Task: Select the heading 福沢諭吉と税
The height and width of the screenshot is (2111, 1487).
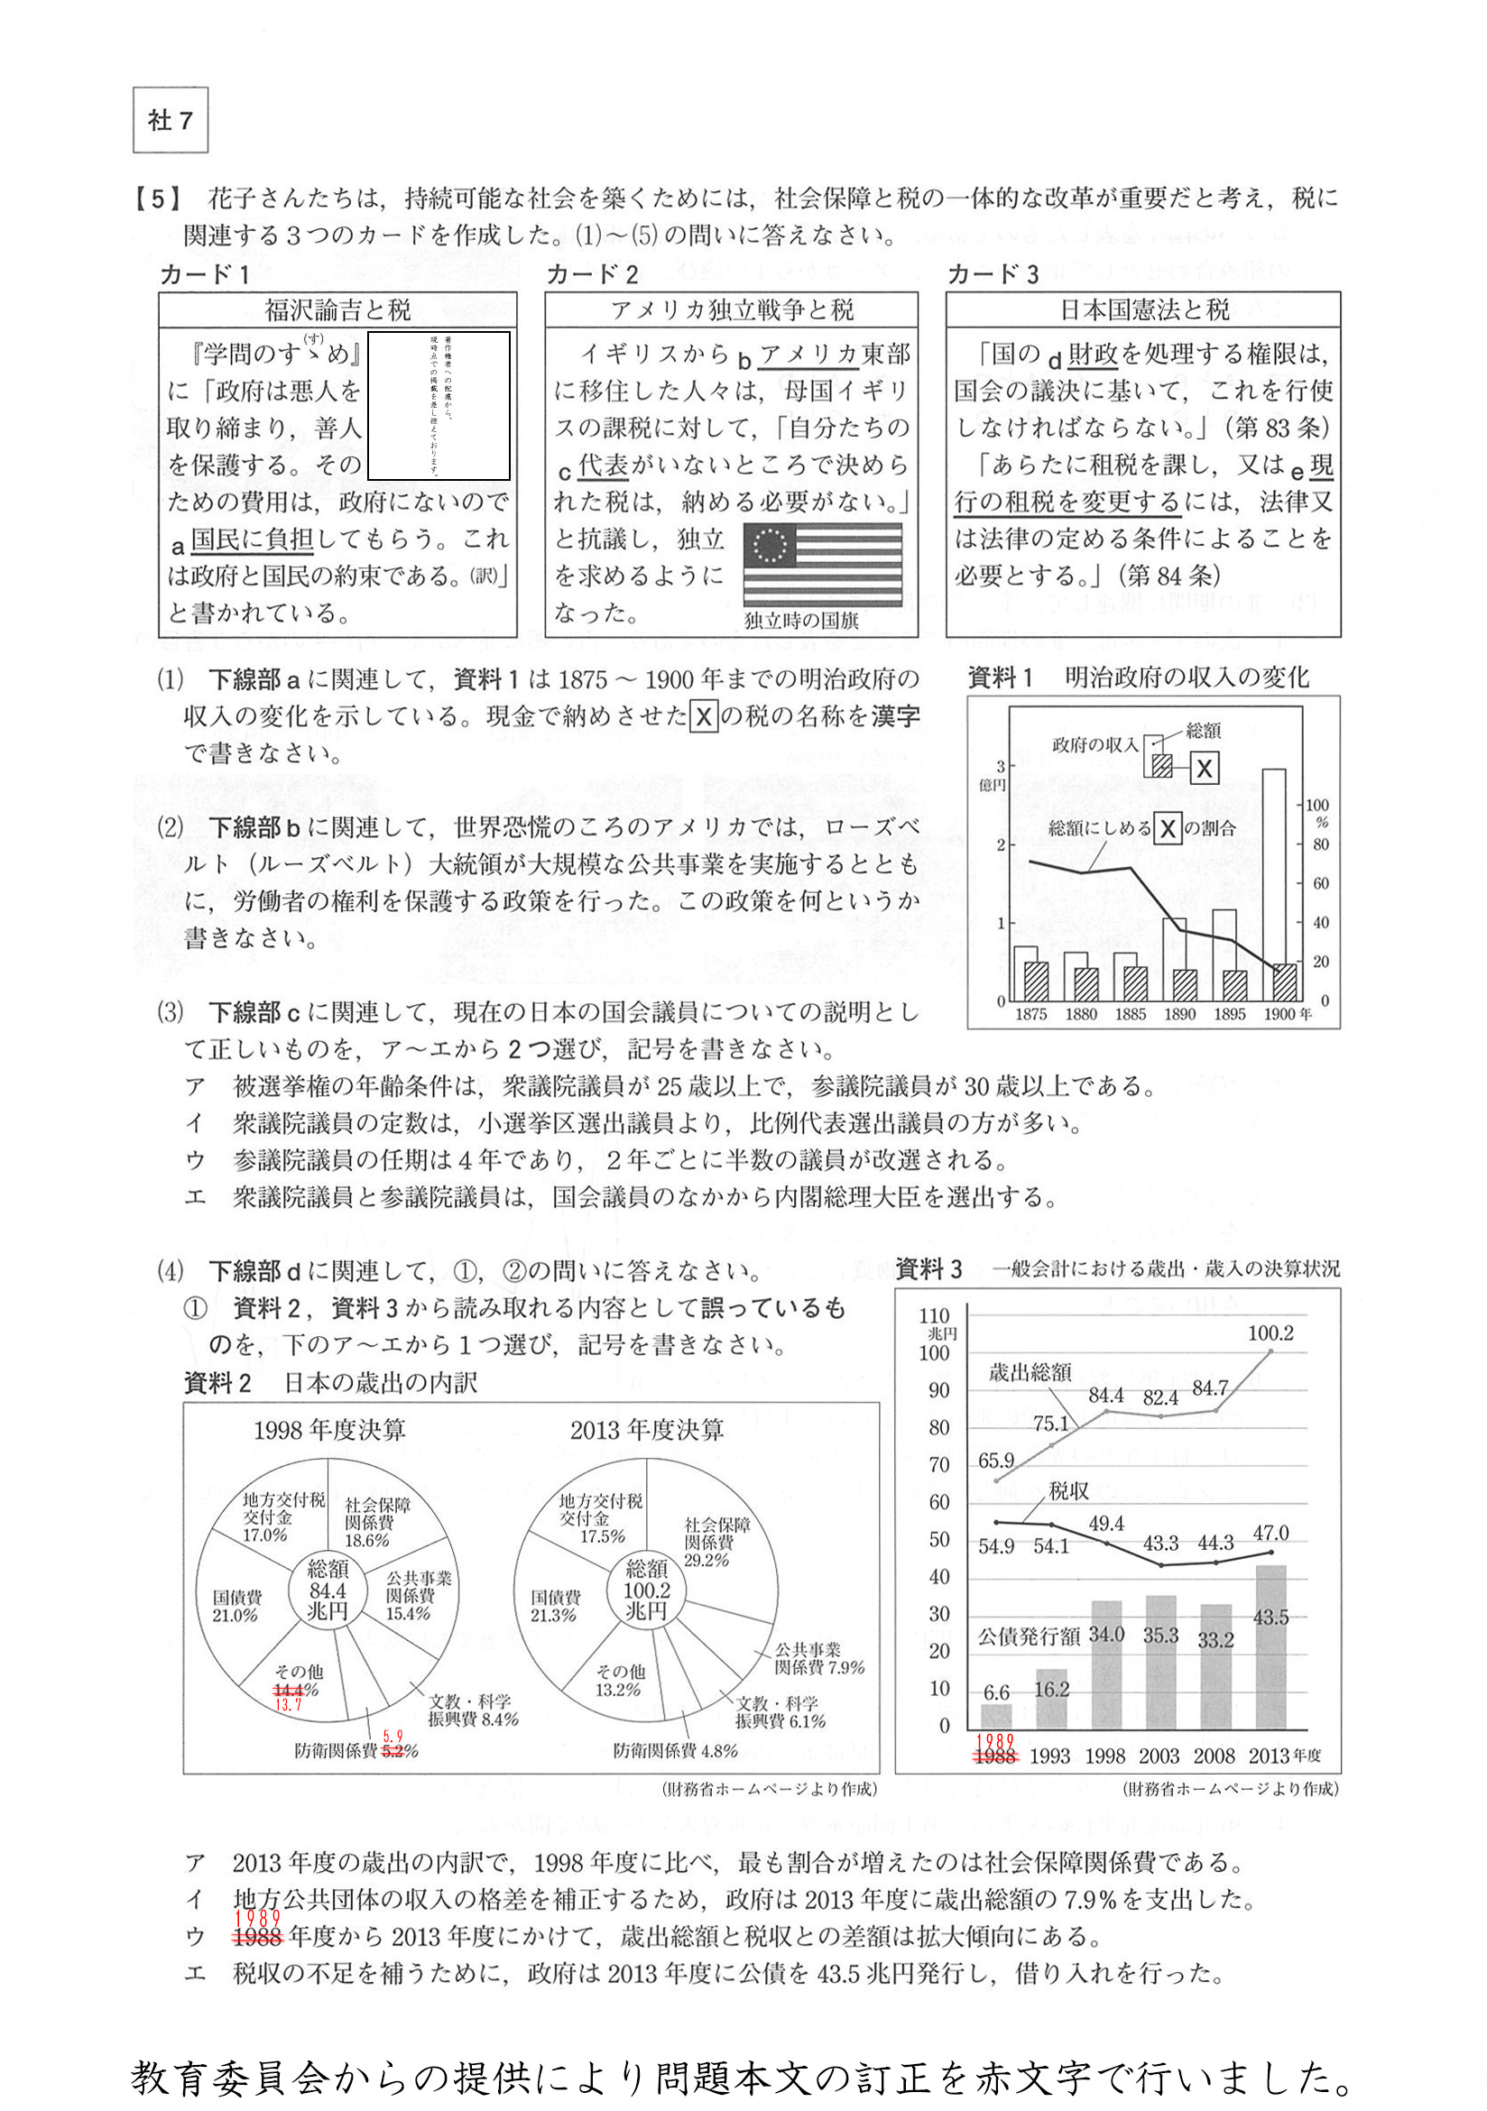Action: tap(337, 309)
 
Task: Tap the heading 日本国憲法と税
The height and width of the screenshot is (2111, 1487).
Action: tap(1143, 309)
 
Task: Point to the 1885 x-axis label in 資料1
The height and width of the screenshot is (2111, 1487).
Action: tap(1131, 1014)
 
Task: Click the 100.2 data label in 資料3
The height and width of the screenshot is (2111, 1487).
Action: tap(1270, 1332)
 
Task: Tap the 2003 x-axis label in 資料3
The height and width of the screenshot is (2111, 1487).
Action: tap(1159, 1756)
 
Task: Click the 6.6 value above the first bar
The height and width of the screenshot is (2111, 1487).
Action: tap(996, 1692)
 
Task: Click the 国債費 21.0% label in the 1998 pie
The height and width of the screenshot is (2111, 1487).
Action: tap(236, 1606)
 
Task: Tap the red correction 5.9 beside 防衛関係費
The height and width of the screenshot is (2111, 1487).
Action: tap(393, 1737)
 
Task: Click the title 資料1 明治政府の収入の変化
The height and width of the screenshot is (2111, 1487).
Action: tap(1139, 678)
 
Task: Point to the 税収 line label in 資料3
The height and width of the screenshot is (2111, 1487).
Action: tap(1068, 1491)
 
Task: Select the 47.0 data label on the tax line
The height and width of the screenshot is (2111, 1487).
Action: tap(1270, 1533)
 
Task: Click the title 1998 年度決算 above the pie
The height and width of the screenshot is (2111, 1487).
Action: tap(329, 1430)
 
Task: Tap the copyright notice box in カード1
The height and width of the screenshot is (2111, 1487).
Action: tap(439, 405)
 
